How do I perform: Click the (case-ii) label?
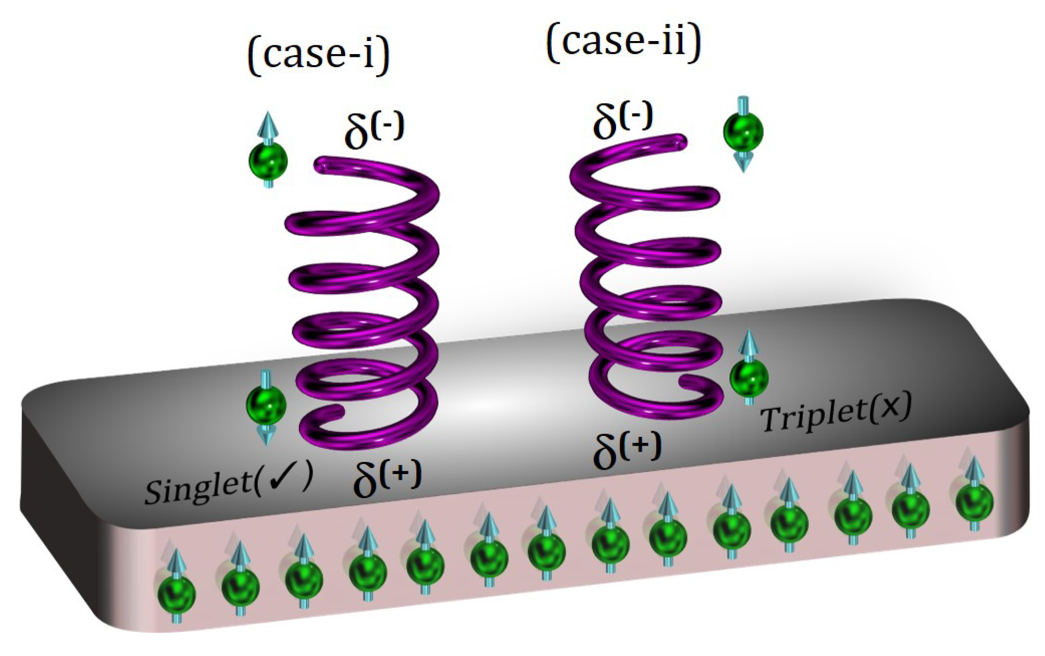pyautogui.click(x=623, y=42)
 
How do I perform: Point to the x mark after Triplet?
pyautogui.click(x=890, y=407)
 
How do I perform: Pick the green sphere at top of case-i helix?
pyautogui.click(x=268, y=161)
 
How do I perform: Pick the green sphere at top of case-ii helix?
pyautogui.click(x=743, y=131)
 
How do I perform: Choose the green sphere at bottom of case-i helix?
pyautogui.click(x=266, y=405)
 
